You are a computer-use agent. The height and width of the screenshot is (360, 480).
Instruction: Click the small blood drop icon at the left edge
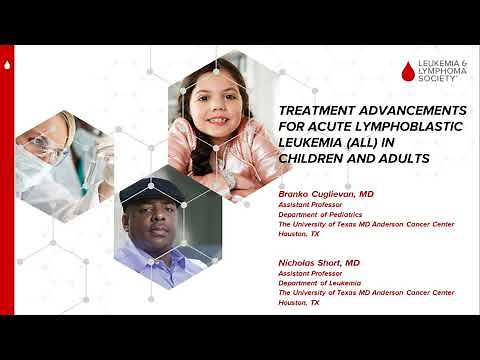[x=7, y=66]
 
